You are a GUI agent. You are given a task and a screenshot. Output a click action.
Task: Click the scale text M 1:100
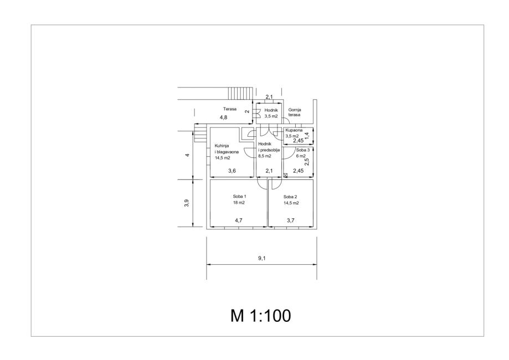pyautogui.click(x=260, y=316)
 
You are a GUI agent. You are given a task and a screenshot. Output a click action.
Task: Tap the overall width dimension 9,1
pyautogui.click(x=262, y=259)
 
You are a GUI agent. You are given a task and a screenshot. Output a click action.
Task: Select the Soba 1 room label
pyautogui.click(x=240, y=197)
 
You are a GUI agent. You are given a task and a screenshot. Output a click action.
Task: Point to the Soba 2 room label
pyautogui.click(x=290, y=197)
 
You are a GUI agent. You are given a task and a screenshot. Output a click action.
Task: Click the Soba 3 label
pyautogui.click(x=301, y=150)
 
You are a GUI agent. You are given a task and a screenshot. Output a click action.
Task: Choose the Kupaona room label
pyautogui.click(x=294, y=130)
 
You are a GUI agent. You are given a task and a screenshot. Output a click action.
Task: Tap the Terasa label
pyautogui.click(x=229, y=109)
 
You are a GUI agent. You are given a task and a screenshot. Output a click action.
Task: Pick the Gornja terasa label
pyautogui.click(x=295, y=112)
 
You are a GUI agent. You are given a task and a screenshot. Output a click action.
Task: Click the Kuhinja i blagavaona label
pyautogui.click(x=227, y=149)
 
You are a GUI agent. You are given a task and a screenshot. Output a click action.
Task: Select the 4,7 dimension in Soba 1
pyautogui.click(x=239, y=220)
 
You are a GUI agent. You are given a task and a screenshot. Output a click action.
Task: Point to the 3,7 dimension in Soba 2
pyautogui.click(x=291, y=220)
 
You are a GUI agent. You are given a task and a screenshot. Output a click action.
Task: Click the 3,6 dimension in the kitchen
pyautogui.click(x=232, y=171)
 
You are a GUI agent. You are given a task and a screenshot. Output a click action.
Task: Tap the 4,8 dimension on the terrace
pyautogui.click(x=223, y=117)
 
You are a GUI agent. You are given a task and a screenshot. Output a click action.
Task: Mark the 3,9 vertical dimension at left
pyautogui.click(x=186, y=203)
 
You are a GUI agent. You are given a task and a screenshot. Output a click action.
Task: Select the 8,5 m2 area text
pyautogui.click(x=265, y=156)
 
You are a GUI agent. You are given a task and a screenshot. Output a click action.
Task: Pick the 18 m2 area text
pyautogui.click(x=239, y=203)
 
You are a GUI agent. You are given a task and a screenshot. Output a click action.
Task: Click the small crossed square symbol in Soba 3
pyautogui.click(x=285, y=176)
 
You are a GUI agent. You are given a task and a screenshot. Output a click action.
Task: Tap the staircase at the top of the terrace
pyautogui.click(x=240, y=94)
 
